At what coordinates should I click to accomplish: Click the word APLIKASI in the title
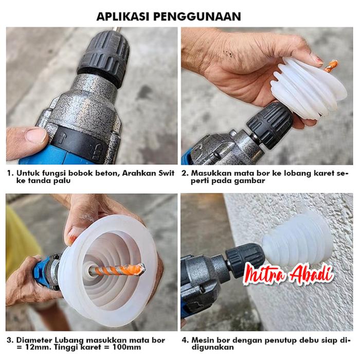click(x=123, y=16)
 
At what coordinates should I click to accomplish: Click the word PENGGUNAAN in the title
click(x=197, y=16)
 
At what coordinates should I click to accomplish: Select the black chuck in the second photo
click(x=270, y=124)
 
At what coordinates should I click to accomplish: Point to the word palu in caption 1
click(x=62, y=181)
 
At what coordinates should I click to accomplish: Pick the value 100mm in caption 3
click(x=127, y=347)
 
